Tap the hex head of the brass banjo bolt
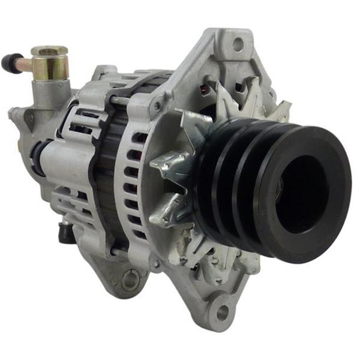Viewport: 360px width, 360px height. point(49,51)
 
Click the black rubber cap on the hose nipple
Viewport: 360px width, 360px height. point(11,62)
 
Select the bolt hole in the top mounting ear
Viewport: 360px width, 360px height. point(238,44)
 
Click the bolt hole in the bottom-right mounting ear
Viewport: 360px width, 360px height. point(223,312)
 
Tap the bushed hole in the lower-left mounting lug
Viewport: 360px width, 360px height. point(130,279)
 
